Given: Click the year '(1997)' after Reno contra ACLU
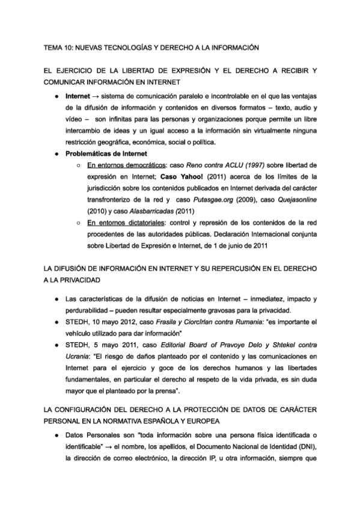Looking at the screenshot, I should coord(234,165).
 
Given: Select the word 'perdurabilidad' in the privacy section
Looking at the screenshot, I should coord(91,310).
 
